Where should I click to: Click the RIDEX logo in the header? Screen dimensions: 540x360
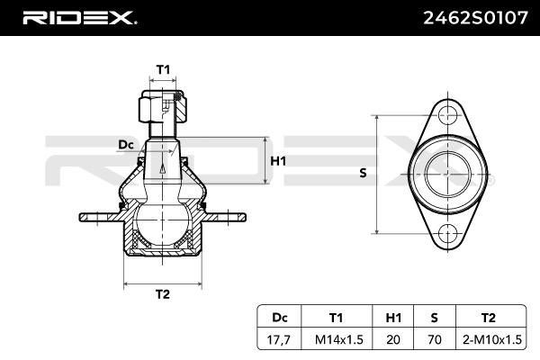click(79, 18)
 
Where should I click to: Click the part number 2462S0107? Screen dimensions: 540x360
click(475, 18)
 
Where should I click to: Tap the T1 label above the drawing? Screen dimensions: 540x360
click(163, 69)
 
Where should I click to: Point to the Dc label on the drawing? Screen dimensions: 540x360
click(126, 145)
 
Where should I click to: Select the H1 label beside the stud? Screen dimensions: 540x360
click(278, 161)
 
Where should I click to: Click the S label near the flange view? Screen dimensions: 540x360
click(363, 173)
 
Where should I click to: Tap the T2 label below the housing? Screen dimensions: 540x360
click(163, 294)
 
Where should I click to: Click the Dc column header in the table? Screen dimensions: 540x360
click(279, 318)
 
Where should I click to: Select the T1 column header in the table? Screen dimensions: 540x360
click(336, 318)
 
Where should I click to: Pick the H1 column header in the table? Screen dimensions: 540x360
click(393, 318)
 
